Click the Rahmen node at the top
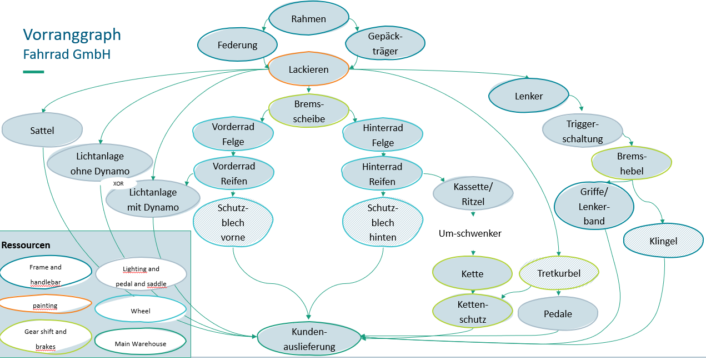click(x=308, y=19)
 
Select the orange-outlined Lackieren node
click(x=308, y=69)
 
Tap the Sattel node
click(x=42, y=131)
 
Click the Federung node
click(x=237, y=44)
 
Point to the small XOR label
click(x=118, y=183)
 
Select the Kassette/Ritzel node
click(x=473, y=193)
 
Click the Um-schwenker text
click(x=470, y=233)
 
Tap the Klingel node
click(x=663, y=242)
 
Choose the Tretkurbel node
click(x=559, y=273)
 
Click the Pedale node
click(x=558, y=314)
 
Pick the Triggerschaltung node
click(x=582, y=132)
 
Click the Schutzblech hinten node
click(x=382, y=222)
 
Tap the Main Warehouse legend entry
click(x=141, y=344)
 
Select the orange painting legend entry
click(x=45, y=306)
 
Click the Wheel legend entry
click(x=141, y=311)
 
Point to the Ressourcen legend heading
click(x=26, y=245)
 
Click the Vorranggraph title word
click(x=72, y=35)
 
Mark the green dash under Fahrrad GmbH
click(x=33, y=72)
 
